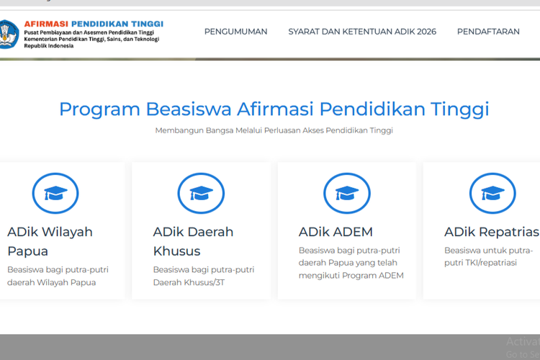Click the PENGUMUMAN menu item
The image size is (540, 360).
point(235,32)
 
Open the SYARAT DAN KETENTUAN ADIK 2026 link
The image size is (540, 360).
point(362,32)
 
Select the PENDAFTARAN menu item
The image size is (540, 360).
point(488,32)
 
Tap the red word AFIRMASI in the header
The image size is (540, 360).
point(50,24)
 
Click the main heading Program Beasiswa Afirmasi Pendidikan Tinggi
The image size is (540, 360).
point(274,109)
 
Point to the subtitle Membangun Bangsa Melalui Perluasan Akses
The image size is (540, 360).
point(274,130)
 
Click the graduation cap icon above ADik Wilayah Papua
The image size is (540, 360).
point(55,193)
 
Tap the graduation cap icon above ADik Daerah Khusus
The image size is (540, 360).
point(201,193)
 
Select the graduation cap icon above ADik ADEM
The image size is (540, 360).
point(347,193)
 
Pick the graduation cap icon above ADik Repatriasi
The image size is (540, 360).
point(492,193)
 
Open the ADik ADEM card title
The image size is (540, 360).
point(336,232)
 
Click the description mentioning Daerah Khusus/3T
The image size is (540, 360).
point(203,276)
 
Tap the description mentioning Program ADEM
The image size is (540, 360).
point(351,263)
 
